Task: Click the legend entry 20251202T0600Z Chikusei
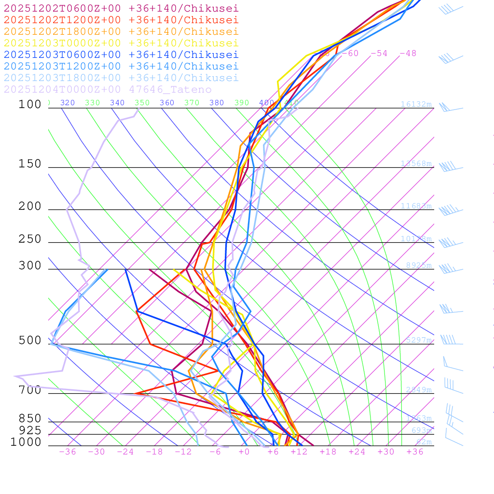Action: tap(121, 8)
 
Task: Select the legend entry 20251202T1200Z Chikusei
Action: tap(121, 20)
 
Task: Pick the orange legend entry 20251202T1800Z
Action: tap(121, 31)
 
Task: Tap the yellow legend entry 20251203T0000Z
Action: tap(121, 43)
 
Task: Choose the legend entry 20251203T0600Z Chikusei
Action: tap(121, 55)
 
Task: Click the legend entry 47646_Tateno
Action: tap(107, 89)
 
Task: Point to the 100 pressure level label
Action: tap(30, 104)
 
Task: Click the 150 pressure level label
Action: tap(30, 164)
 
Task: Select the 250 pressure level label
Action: tap(30, 239)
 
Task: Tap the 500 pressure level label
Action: tap(30, 341)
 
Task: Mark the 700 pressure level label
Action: tap(30, 390)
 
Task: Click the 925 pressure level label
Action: tap(30, 430)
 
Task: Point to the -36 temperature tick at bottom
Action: tap(68, 452)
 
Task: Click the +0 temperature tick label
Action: tap(244, 452)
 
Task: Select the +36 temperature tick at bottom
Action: tap(415, 452)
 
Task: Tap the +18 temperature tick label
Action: tap(328, 452)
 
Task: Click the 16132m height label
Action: tap(416, 104)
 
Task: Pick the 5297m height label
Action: tap(419, 340)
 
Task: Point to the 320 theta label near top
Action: tap(68, 103)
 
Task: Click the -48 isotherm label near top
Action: tap(408, 53)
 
